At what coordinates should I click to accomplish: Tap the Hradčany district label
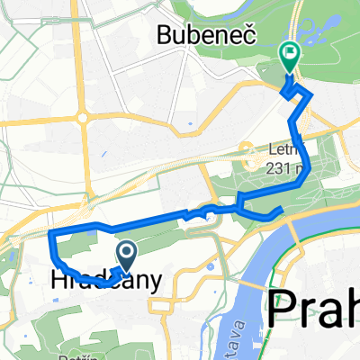(x=101, y=281)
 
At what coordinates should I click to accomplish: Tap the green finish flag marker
(x=290, y=58)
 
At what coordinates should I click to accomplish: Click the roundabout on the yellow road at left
(x=83, y=116)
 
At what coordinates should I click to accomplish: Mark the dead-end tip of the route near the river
(x=283, y=210)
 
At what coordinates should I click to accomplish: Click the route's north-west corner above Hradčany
(x=51, y=234)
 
